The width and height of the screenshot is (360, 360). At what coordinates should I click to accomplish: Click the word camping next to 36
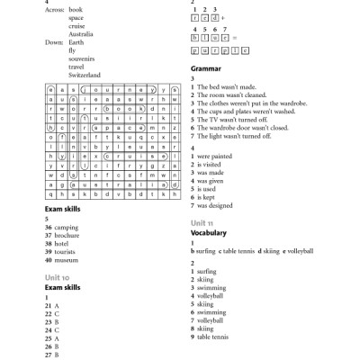[67, 227]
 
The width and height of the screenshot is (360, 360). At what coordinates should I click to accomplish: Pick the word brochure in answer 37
[69, 235]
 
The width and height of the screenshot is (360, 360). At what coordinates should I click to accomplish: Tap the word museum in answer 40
[67, 260]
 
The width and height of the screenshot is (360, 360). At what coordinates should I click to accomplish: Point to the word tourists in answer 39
[67, 252]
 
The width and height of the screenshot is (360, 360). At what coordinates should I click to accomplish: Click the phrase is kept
[208, 198]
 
